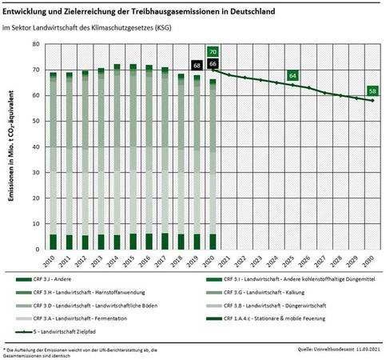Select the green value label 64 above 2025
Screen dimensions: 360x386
292,75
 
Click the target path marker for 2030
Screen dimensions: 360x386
372,101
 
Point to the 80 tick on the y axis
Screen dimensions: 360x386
36,45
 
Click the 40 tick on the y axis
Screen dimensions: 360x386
36,147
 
